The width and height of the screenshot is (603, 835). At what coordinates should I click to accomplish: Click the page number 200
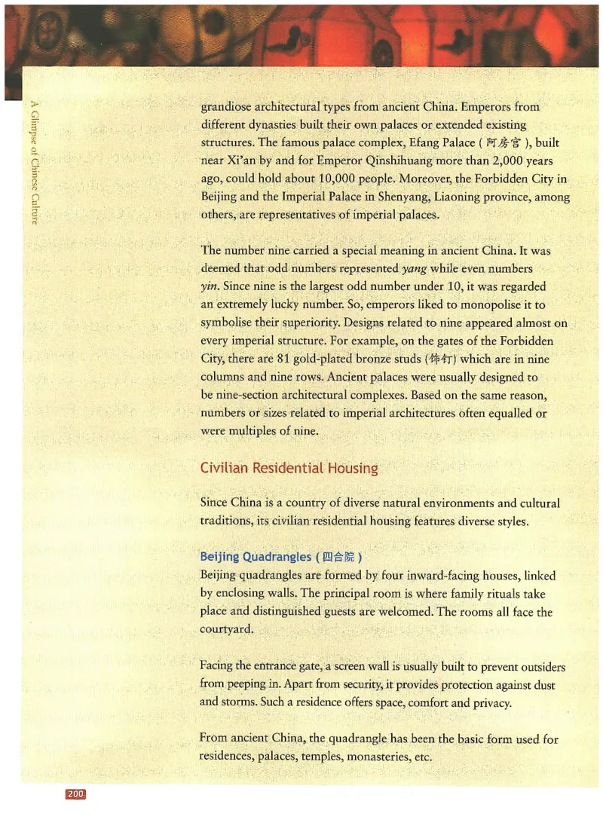pos(76,794)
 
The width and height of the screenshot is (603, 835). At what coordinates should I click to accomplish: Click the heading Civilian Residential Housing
pos(289,468)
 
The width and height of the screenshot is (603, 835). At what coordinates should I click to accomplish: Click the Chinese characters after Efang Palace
pos(500,143)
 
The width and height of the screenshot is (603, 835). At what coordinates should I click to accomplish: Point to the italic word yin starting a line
pos(210,286)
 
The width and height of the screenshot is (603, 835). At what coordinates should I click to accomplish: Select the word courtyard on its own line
pos(228,631)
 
